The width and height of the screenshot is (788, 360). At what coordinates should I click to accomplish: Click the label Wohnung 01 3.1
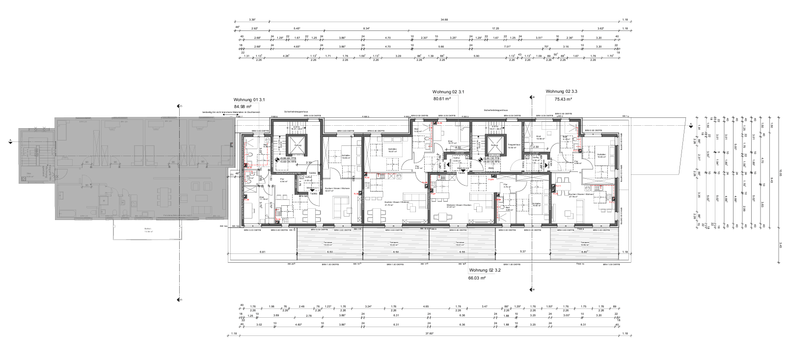(x=249, y=99)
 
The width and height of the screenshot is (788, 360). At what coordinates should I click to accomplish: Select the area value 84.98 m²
(x=243, y=106)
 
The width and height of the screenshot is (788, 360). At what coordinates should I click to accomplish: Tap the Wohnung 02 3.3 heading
(x=561, y=91)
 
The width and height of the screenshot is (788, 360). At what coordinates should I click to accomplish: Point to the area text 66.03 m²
(x=477, y=277)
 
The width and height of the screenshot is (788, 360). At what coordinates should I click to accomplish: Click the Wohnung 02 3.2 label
(x=485, y=270)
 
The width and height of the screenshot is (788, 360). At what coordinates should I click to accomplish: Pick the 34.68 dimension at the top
(x=444, y=20)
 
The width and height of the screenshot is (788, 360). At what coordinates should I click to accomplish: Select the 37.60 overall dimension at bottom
(x=428, y=334)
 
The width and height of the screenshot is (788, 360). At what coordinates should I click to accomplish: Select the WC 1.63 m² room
(x=249, y=178)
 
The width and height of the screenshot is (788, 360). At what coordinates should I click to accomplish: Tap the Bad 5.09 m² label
(x=507, y=209)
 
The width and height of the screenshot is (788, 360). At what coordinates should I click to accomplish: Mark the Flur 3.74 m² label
(x=507, y=187)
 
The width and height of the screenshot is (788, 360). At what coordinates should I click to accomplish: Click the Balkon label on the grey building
(x=147, y=229)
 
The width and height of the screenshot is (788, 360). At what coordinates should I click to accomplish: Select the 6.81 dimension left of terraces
(x=262, y=252)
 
